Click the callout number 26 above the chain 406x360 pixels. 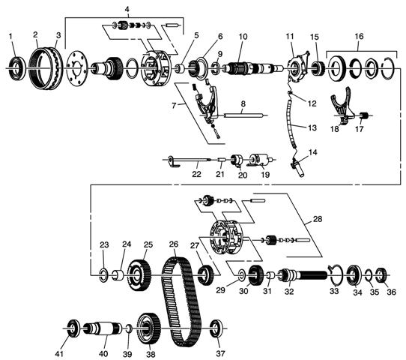pyautogui.click(x=174, y=244)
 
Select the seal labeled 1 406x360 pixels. pyautogui.click(x=18, y=68)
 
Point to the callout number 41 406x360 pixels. pyautogui.click(x=59, y=353)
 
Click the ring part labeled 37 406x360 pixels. pyautogui.click(x=216, y=328)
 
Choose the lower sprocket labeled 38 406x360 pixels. pyautogui.click(x=148, y=328)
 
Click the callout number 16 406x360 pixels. pyautogui.click(x=359, y=36)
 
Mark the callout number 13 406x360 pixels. pyautogui.click(x=312, y=127)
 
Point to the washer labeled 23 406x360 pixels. pyautogui.click(x=104, y=275)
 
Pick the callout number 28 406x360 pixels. pyautogui.click(x=318, y=219)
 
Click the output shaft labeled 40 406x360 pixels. pyautogui.click(x=103, y=328)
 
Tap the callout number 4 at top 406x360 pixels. pyautogui.click(x=127, y=9)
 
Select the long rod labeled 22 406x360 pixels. pyautogui.click(x=189, y=160)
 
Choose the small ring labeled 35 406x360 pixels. pyautogui.click(x=369, y=274)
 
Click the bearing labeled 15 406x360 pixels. pyautogui.click(x=318, y=68)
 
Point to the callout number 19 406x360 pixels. pyautogui.click(x=265, y=175)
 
